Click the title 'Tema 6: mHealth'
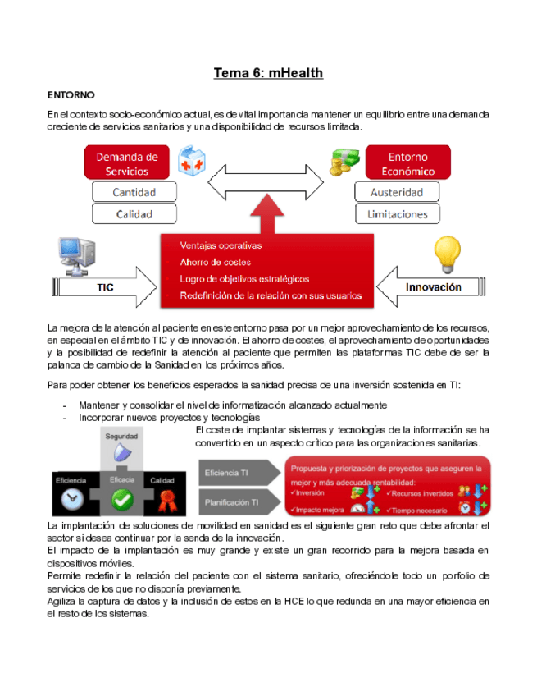pos(268,73)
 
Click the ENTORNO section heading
pos(71,96)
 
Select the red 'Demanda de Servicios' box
pos(126,163)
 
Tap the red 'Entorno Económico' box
pos(407,163)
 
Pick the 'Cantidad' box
pos(134,192)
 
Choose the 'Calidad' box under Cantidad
pos(134,213)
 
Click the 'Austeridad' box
pos(397,192)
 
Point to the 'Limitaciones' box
pos(397,213)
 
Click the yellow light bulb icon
pos(447,254)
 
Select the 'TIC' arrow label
pos(105,288)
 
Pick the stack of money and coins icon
pos(340,162)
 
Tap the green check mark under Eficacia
pos(123,497)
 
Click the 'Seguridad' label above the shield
pos(121,436)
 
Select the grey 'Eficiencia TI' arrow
pos(238,473)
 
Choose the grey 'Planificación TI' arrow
pos(238,501)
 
